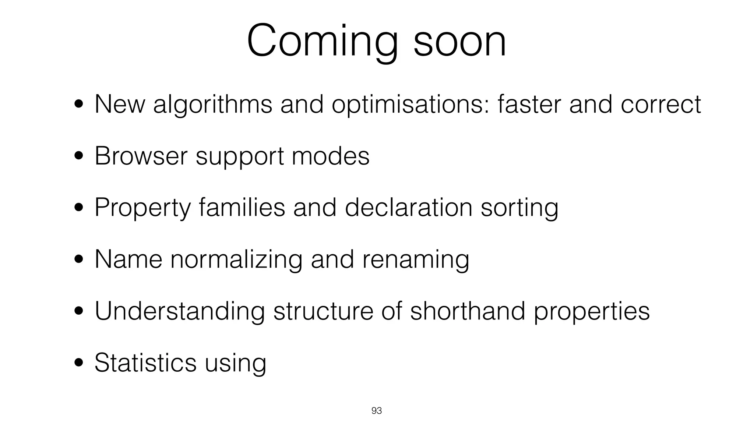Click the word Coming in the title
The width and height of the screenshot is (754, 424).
[322, 41]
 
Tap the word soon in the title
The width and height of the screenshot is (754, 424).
[460, 41]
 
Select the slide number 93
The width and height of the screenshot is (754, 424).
[377, 411]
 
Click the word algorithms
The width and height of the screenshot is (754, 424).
[212, 105]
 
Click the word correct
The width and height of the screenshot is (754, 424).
[661, 105]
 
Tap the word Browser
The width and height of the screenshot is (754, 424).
[141, 156]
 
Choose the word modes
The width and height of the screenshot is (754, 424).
[330, 156]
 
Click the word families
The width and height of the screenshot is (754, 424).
[242, 208]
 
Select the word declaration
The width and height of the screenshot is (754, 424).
[408, 208]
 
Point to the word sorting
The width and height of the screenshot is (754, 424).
[519, 208]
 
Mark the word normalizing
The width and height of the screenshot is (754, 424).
[236, 260]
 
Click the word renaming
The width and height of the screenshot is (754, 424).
[416, 260]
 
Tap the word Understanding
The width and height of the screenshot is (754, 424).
[180, 311]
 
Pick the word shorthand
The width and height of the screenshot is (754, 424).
[467, 311]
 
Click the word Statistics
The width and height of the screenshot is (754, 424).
[145, 363]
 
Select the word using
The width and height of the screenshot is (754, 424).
[235, 364]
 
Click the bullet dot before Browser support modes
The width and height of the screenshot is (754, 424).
[78, 156]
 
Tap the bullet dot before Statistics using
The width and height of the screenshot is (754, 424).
[78, 363]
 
